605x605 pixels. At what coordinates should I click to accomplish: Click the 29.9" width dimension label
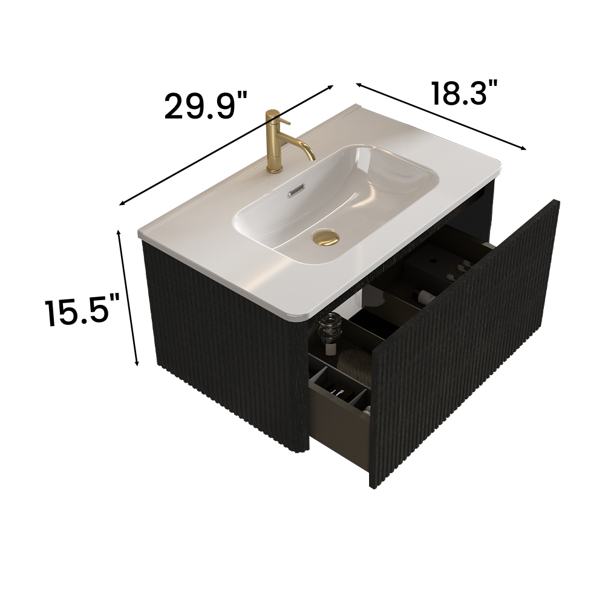tap(206, 106)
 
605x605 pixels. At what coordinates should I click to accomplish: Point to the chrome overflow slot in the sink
tap(294, 191)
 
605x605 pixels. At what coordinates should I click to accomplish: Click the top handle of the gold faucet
tap(273, 114)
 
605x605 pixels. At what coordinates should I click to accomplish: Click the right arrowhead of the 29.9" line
tap(332, 87)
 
